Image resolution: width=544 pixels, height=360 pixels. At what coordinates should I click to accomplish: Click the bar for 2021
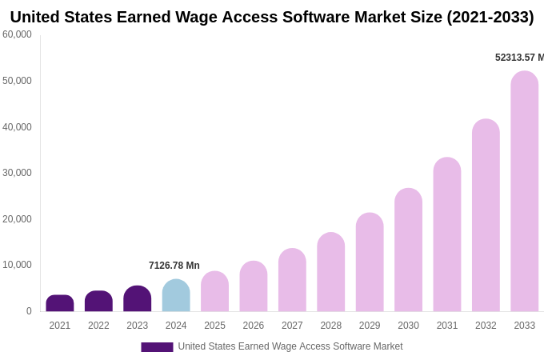pos(60,303)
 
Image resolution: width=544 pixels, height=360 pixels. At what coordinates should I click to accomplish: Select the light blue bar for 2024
pos(176,295)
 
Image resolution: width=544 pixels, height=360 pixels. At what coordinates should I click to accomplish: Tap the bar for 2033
pos(525,191)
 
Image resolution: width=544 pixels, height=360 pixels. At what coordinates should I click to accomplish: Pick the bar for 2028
pos(331,272)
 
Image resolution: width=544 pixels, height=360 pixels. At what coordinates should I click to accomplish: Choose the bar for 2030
pos(408,250)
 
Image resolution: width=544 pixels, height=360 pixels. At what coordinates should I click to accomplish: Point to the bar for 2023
pos(138,298)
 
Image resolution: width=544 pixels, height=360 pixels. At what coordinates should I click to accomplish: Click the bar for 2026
pos(254,286)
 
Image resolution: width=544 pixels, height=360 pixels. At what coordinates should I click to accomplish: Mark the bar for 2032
pos(486,215)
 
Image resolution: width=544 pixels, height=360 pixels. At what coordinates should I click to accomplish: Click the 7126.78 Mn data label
pos(174,266)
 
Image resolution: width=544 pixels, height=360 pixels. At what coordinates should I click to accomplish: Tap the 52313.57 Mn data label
pos(519,58)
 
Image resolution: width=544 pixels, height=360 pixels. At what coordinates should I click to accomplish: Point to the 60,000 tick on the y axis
pos(17,34)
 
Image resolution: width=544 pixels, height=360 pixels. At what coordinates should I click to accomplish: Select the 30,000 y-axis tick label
pos(17,173)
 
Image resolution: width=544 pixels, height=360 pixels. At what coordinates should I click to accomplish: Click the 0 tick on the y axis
pos(29,311)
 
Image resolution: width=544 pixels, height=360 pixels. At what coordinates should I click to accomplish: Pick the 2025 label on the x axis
pos(214,326)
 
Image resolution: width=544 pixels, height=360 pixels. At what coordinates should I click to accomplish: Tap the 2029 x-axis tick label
pos(370,326)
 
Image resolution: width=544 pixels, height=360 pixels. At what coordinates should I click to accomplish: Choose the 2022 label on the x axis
pos(98,326)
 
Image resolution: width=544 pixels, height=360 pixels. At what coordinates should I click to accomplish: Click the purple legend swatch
pos(157,346)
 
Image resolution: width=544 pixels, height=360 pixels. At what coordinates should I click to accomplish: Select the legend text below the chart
pos(290,346)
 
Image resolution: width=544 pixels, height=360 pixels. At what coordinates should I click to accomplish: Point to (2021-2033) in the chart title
pos(490,17)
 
